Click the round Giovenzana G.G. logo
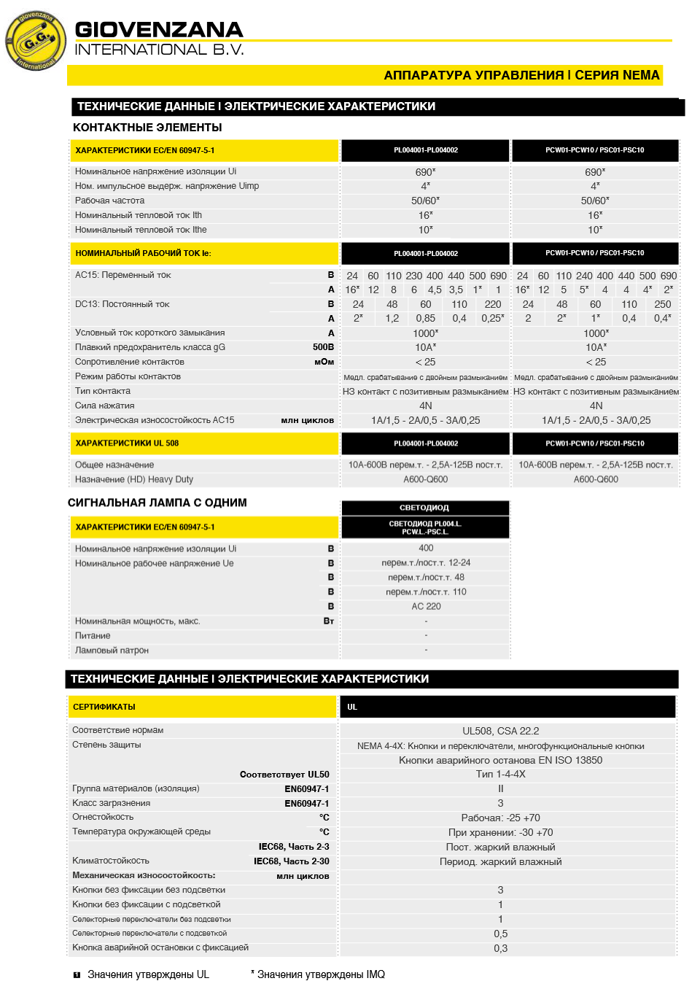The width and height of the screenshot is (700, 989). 34,41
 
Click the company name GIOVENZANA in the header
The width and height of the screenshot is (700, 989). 159,30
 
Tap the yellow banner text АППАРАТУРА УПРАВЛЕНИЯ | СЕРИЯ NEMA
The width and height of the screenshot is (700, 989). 521,75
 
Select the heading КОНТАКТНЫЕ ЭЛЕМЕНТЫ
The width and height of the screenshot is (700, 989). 147,128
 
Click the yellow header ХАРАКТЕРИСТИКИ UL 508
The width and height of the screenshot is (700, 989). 127,443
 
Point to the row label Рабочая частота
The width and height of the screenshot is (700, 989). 109,201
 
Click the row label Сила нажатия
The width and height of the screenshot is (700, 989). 104,406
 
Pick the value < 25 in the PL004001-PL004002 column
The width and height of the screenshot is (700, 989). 425,362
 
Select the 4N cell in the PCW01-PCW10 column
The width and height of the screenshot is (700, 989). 596,406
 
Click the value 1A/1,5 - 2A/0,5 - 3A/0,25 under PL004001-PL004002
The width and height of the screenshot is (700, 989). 425,420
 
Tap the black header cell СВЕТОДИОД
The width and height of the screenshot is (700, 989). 424,508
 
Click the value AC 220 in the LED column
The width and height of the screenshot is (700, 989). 426,606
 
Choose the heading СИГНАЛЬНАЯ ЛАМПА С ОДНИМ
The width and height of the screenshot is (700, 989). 157,503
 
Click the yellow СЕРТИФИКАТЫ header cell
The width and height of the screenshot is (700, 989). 104,707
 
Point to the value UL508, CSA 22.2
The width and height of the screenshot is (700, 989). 500,731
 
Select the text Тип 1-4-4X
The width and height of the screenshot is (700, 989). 500,774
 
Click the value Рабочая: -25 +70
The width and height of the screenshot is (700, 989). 500,818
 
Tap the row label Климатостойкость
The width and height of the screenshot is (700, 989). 111,861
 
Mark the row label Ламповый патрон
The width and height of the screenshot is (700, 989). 112,650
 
